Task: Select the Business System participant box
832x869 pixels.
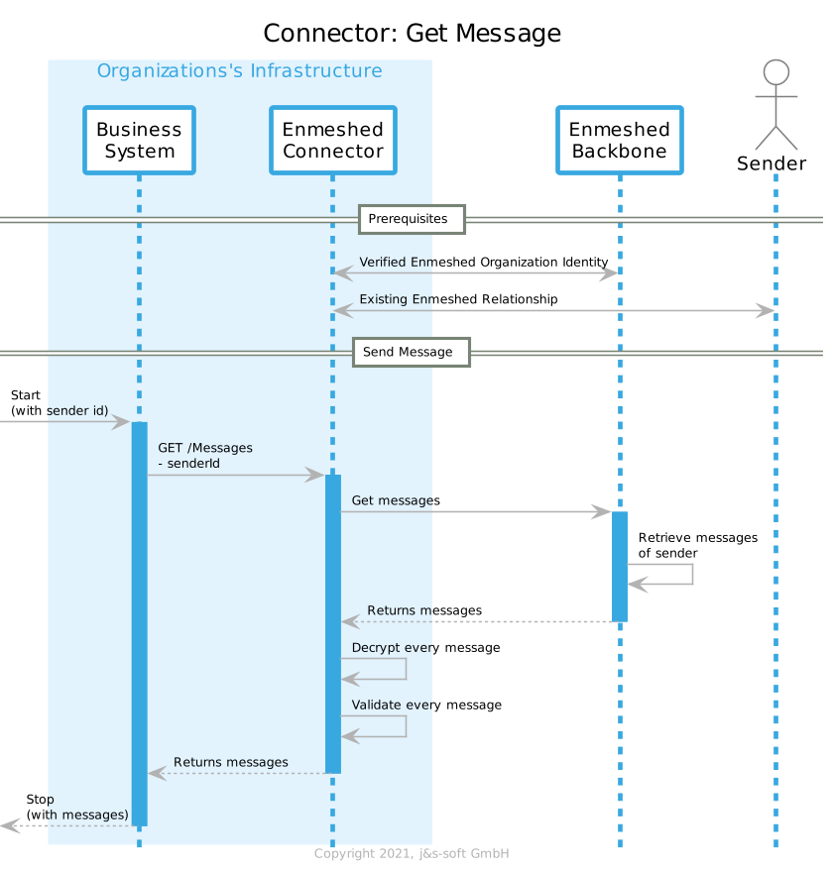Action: [139, 140]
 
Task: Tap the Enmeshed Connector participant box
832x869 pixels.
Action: [332, 140]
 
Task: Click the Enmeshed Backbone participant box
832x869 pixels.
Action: [619, 140]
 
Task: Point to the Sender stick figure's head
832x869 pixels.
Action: [775, 72]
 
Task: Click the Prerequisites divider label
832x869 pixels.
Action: [411, 218]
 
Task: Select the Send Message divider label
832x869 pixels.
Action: [411, 352]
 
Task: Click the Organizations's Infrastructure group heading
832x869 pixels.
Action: [239, 71]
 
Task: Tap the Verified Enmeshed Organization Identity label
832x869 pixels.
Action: [483, 262]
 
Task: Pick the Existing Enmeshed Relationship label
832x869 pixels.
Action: [458, 299]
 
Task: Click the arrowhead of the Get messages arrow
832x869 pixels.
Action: [601, 512]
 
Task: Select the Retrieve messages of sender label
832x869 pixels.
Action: [697, 545]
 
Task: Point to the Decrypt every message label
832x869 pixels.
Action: [425, 647]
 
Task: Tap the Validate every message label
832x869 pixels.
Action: [426, 705]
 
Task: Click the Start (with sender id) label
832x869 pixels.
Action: [59, 402]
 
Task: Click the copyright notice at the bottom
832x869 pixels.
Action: [411, 854]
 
